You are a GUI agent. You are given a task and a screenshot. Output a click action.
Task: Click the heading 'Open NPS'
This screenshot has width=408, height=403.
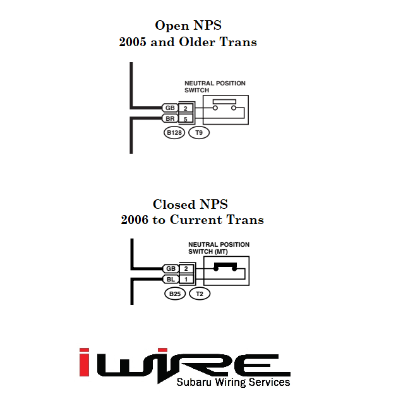click(x=188, y=26)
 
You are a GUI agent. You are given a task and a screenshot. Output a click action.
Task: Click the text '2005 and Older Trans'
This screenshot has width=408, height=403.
click(x=188, y=42)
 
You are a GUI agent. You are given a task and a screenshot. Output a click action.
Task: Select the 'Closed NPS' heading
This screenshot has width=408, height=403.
click(x=190, y=204)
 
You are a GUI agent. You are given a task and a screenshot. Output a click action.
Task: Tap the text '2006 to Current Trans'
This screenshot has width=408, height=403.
click(x=192, y=220)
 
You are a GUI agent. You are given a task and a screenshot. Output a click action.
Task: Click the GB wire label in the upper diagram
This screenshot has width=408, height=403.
click(x=170, y=108)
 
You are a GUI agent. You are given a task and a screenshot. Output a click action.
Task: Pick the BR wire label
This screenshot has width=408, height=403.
click(x=170, y=118)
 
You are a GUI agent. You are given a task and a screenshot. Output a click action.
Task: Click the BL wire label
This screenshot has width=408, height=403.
click(x=171, y=279)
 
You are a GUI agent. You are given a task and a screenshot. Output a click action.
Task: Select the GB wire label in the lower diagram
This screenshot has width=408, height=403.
click(x=171, y=269)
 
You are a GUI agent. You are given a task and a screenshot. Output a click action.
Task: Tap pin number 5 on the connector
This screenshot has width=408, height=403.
click(x=186, y=118)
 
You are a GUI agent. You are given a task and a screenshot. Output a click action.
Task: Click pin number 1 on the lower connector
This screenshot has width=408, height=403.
click(x=186, y=279)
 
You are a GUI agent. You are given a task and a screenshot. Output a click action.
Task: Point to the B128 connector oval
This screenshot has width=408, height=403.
click(x=174, y=133)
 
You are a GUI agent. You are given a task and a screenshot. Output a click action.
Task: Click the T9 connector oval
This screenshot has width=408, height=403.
click(x=199, y=133)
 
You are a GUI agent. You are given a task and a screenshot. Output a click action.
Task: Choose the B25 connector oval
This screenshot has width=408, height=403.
click(x=174, y=294)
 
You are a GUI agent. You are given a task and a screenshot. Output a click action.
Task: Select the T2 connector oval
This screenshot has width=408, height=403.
click(x=200, y=294)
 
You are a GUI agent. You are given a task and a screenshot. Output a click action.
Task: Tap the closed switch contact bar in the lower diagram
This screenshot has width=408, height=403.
click(x=225, y=266)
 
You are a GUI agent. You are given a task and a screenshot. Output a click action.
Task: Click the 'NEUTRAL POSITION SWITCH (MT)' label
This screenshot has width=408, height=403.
click(x=219, y=248)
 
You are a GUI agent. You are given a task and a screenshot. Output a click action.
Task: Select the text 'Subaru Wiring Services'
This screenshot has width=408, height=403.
click(x=233, y=382)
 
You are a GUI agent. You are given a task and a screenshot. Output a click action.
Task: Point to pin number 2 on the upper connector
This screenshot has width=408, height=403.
click(x=186, y=108)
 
